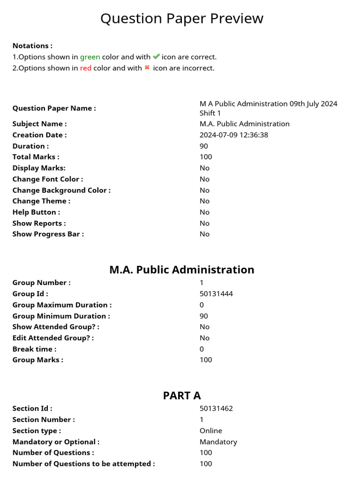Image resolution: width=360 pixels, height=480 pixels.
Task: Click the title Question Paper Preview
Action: (x=182, y=19)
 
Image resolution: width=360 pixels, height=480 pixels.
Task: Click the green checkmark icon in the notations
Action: (x=156, y=57)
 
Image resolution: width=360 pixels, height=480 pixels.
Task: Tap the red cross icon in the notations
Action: (x=147, y=67)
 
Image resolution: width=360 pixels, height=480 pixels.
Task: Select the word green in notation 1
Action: (x=90, y=57)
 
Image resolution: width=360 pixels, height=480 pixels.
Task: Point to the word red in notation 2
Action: (x=85, y=68)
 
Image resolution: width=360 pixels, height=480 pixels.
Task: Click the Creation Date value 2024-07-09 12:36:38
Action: (x=233, y=135)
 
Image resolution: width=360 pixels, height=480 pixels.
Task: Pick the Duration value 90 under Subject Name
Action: (x=204, y=146)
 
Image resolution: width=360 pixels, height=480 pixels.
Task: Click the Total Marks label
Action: (x=36, y=157)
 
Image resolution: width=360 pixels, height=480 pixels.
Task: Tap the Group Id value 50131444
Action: (x=216, y=294)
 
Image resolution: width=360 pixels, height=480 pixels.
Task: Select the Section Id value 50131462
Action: (x=216, y=408)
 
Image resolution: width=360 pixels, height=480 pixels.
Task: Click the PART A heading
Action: (x=182, y=395)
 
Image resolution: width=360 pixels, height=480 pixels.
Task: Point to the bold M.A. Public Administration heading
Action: (x=182, y=270)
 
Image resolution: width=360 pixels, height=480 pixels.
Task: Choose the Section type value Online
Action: (x=211, y=430)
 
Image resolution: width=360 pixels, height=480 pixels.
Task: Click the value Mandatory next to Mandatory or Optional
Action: (x=218, y=442)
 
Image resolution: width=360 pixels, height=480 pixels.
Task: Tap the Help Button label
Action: (x=36, y=212)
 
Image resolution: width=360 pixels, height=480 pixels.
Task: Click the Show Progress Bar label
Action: (x=48, y=234)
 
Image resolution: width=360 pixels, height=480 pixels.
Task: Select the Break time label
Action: (x=34, y=349)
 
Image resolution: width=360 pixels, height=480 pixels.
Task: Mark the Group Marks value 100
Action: (x=206, y=360)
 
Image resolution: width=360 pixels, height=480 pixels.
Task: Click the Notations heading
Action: (x=32, y=46)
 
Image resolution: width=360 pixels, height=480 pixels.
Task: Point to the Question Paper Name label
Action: (x=54, y=108)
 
